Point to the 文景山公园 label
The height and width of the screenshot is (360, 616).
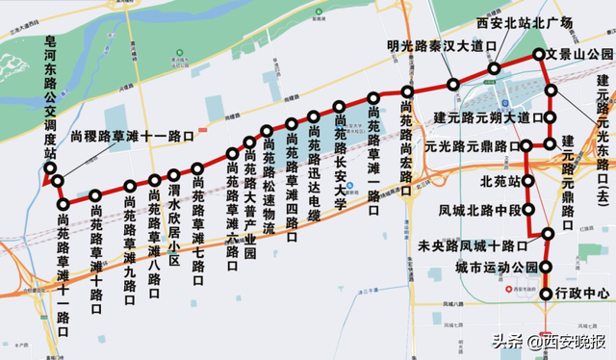coord(579,54)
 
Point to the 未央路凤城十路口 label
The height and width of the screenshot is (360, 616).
coord(479,245)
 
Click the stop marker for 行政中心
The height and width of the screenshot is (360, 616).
coord(548,293)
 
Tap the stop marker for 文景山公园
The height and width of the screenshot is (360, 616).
coord(538,57)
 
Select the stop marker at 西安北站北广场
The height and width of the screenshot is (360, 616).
coord(494,69)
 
